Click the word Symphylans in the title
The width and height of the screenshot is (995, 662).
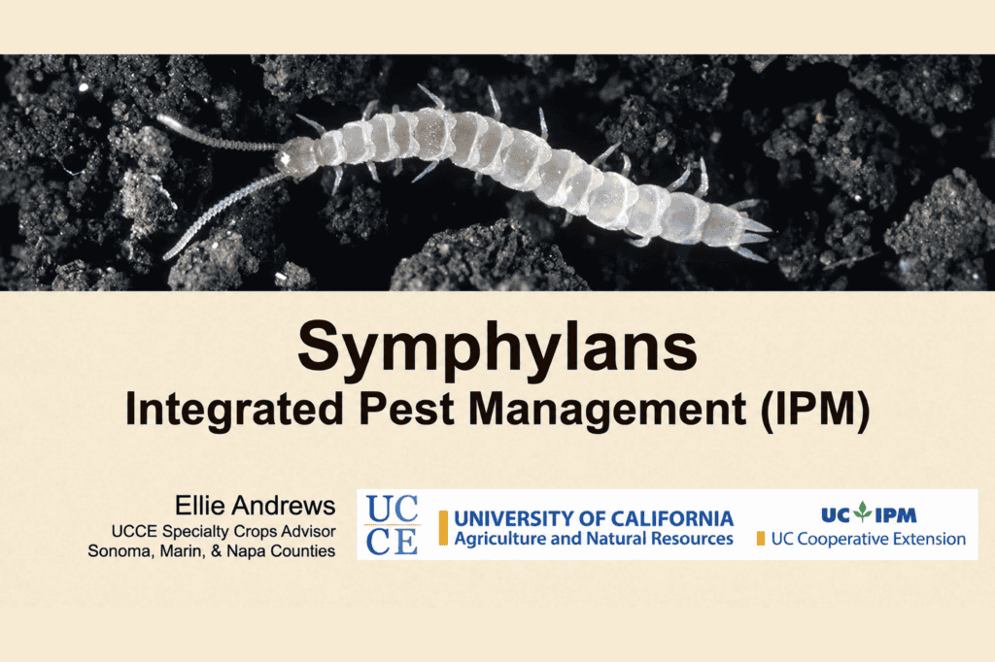[x=497, y=348]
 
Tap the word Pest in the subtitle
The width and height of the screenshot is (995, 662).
[x=406, y=409]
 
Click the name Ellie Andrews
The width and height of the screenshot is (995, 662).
[x=255, y=506]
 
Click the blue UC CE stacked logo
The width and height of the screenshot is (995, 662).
[x=392, y=524]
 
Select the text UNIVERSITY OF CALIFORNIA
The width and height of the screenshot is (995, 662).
[x=594, y=518]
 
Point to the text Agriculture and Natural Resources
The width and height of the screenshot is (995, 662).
[x=594, y=539]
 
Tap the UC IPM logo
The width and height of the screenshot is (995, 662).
[x=868, y=513]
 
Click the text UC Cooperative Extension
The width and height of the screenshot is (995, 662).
[x=868, y=539]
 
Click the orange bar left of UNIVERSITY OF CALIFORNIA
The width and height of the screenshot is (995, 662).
[x=443, y=528]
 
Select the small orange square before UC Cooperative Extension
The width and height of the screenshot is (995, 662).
[x=760, y=539]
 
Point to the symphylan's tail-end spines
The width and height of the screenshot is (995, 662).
[x=752, y=231]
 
